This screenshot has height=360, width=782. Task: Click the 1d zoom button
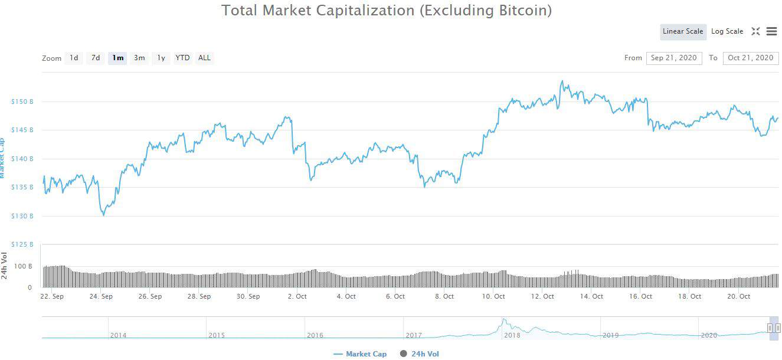[74, 58]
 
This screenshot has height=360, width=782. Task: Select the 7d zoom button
[95, 58]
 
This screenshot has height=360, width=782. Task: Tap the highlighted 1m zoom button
[117, 58]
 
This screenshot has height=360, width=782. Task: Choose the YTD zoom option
[183, 58]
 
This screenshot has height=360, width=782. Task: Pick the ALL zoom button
[204, 58]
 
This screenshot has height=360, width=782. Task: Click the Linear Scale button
[683, 32]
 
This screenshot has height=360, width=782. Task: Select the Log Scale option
[727, 32]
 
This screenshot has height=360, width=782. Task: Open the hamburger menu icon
[771, 32]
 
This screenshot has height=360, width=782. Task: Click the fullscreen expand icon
[755, 32]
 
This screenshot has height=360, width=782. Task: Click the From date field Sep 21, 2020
[674, 58]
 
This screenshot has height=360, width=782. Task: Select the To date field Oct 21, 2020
[750, 58]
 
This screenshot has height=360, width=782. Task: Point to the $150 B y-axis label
[22, 102]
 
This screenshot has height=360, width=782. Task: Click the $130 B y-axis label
[22, 216]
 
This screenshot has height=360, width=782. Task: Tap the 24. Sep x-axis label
[101, 296]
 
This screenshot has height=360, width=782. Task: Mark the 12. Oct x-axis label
[542, 296]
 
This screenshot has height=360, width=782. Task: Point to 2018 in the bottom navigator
[512, 335]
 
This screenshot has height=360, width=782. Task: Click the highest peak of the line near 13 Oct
[562, 81]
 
